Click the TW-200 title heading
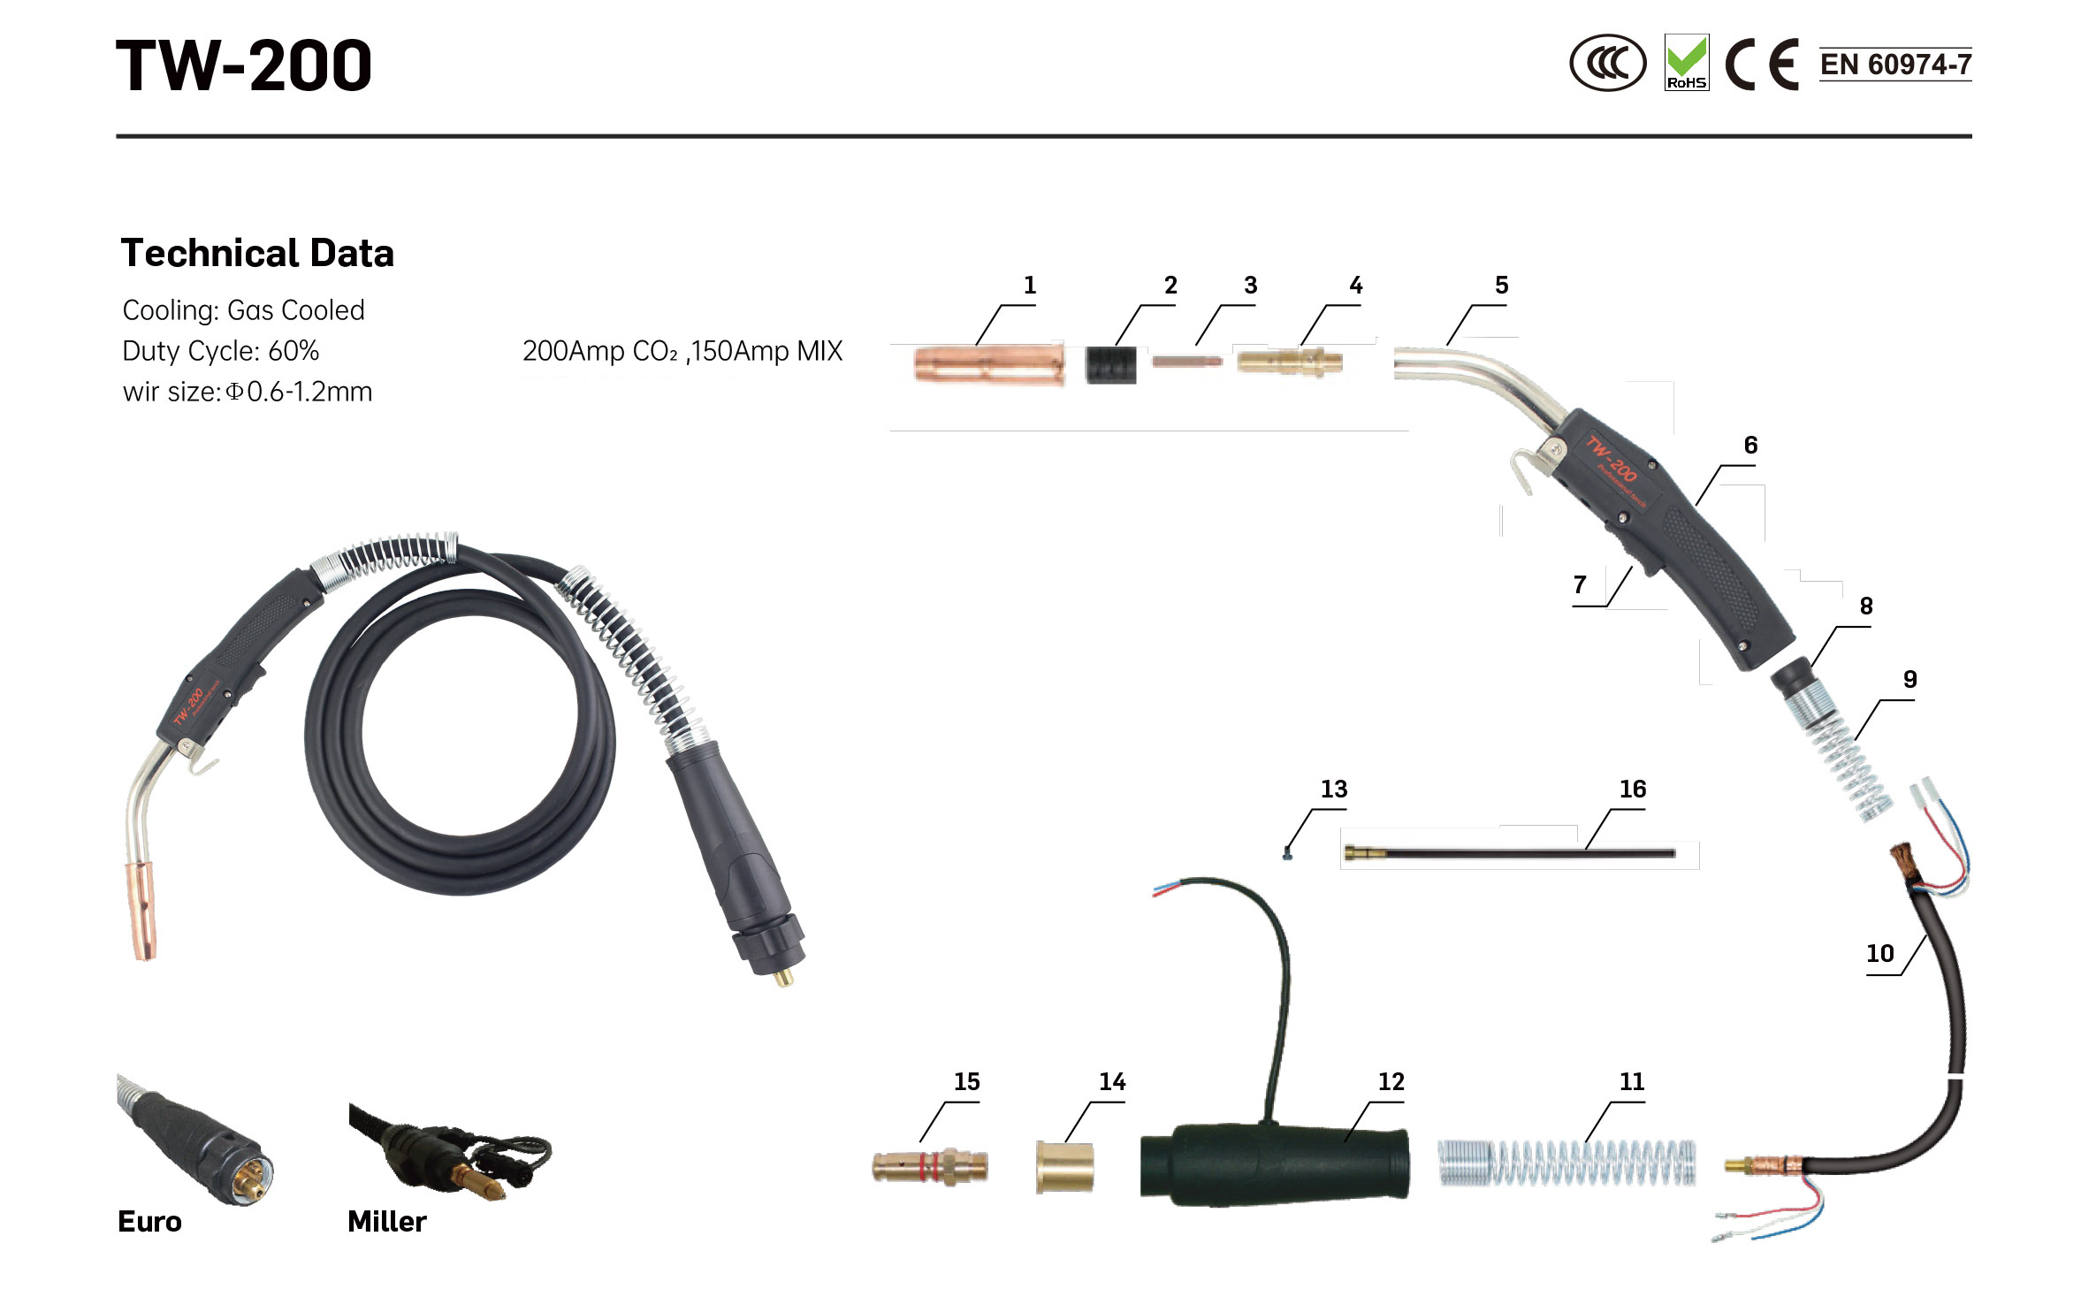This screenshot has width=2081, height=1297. click(244, 65)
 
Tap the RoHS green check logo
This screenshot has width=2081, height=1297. click(1686, 62)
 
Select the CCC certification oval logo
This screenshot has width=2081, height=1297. click(1607, 63)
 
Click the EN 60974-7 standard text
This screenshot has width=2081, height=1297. click(1895, 64)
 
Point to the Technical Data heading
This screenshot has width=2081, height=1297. click(257, 253)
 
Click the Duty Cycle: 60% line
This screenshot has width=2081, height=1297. click(221, 351)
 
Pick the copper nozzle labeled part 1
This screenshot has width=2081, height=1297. click(988, 363)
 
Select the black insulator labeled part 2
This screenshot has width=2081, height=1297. click(1110, 363)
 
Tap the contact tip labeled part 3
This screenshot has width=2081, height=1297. click(1187, 361)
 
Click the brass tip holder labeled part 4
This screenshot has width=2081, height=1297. click(1290, 362)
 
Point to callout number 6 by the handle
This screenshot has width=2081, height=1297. click(1750, 445)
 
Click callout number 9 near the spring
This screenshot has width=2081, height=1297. click(1909, 679)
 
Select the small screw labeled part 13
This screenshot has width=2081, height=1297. click(1287, 853)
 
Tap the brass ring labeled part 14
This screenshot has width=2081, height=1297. click(1064, 1167)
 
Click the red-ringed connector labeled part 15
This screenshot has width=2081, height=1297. click(930, 1166)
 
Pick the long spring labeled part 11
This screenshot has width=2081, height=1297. click(1566, 1162)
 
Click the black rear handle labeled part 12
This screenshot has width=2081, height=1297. click(1274, 1165)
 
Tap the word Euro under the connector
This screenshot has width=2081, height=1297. click(149, 1222)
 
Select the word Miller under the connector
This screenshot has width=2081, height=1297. click(387, 1222)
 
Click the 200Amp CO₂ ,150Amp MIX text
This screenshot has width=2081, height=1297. click(682, 351)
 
